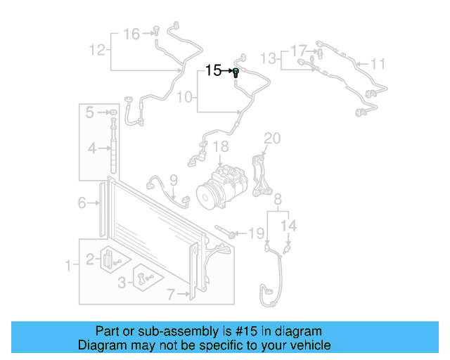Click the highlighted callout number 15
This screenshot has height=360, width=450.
coord(213,70)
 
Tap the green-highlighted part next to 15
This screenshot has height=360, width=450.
coord(236,72)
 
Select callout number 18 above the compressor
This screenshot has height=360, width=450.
coord(221,147)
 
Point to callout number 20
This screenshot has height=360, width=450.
coord(272,138)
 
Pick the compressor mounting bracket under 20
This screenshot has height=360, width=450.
coord(263,176)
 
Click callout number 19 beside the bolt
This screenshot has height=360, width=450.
coord(257,233)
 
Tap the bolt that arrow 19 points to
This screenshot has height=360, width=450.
coord(226,232)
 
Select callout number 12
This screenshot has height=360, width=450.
coord(97,50)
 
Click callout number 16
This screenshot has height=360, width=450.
coord(131,34)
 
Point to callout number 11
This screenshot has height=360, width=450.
coord(378,65)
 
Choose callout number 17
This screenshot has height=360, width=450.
coord(299,51)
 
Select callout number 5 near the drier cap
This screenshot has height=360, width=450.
coord(90,112)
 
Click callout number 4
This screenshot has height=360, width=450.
coord(91,148)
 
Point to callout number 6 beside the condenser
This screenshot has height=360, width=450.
coord(82,203)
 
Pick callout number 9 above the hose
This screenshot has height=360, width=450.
coord(173,180)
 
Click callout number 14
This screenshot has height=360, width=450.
coord(290,226)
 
